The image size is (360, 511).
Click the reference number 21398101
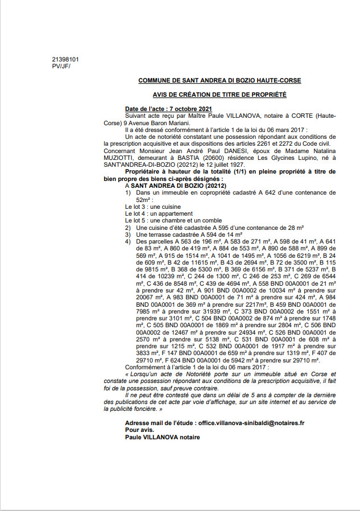click(65, 59)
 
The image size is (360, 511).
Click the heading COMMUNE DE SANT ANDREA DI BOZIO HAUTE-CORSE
click(220, 81)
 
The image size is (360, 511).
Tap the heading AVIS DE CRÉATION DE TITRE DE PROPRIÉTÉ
click(220, 95)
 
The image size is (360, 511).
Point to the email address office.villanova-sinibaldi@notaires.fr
click(250, 423)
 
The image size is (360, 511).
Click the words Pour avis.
click(139, 430)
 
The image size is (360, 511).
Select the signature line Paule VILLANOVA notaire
click(162, 437)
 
